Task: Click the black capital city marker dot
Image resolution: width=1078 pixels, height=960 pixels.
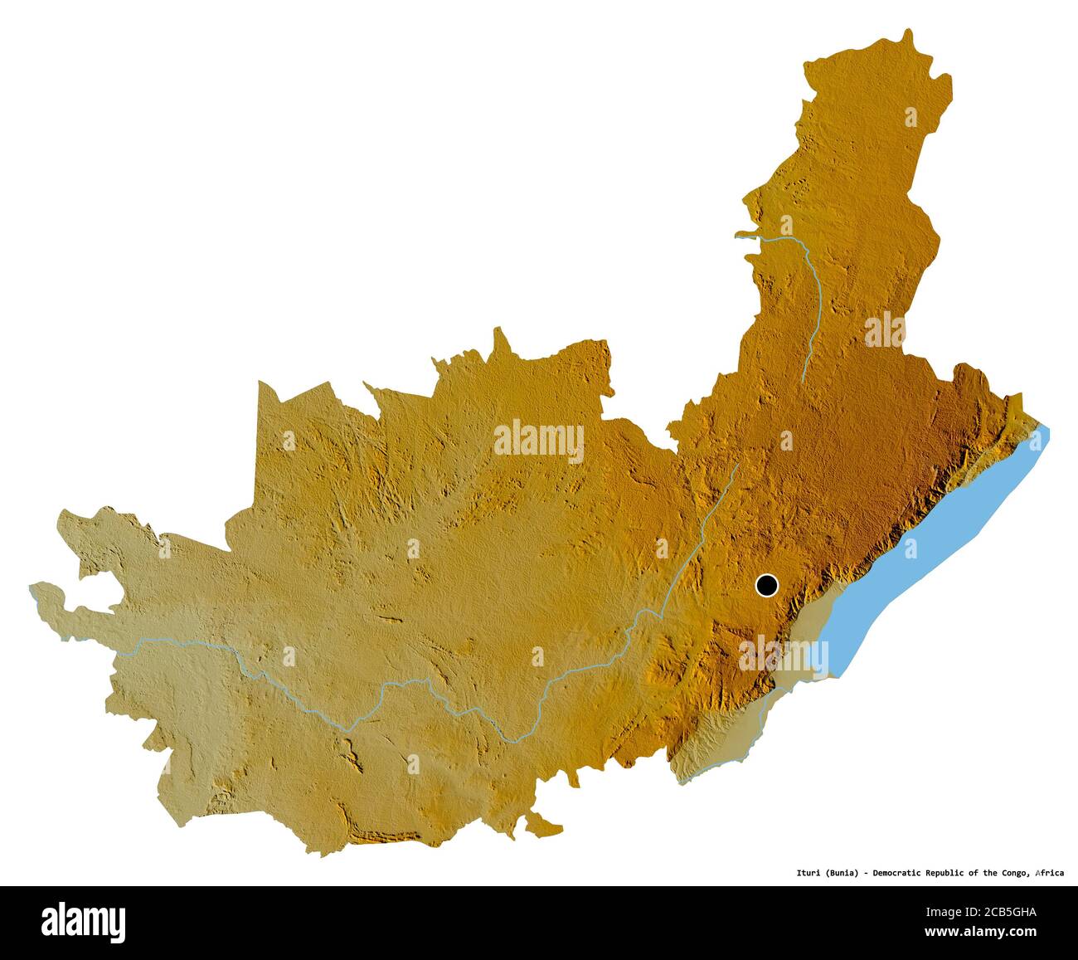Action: pos(767,586)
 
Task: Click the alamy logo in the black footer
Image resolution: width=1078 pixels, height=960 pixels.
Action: pos(83,922)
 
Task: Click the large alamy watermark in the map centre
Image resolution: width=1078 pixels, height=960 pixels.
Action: pos(539,441)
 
